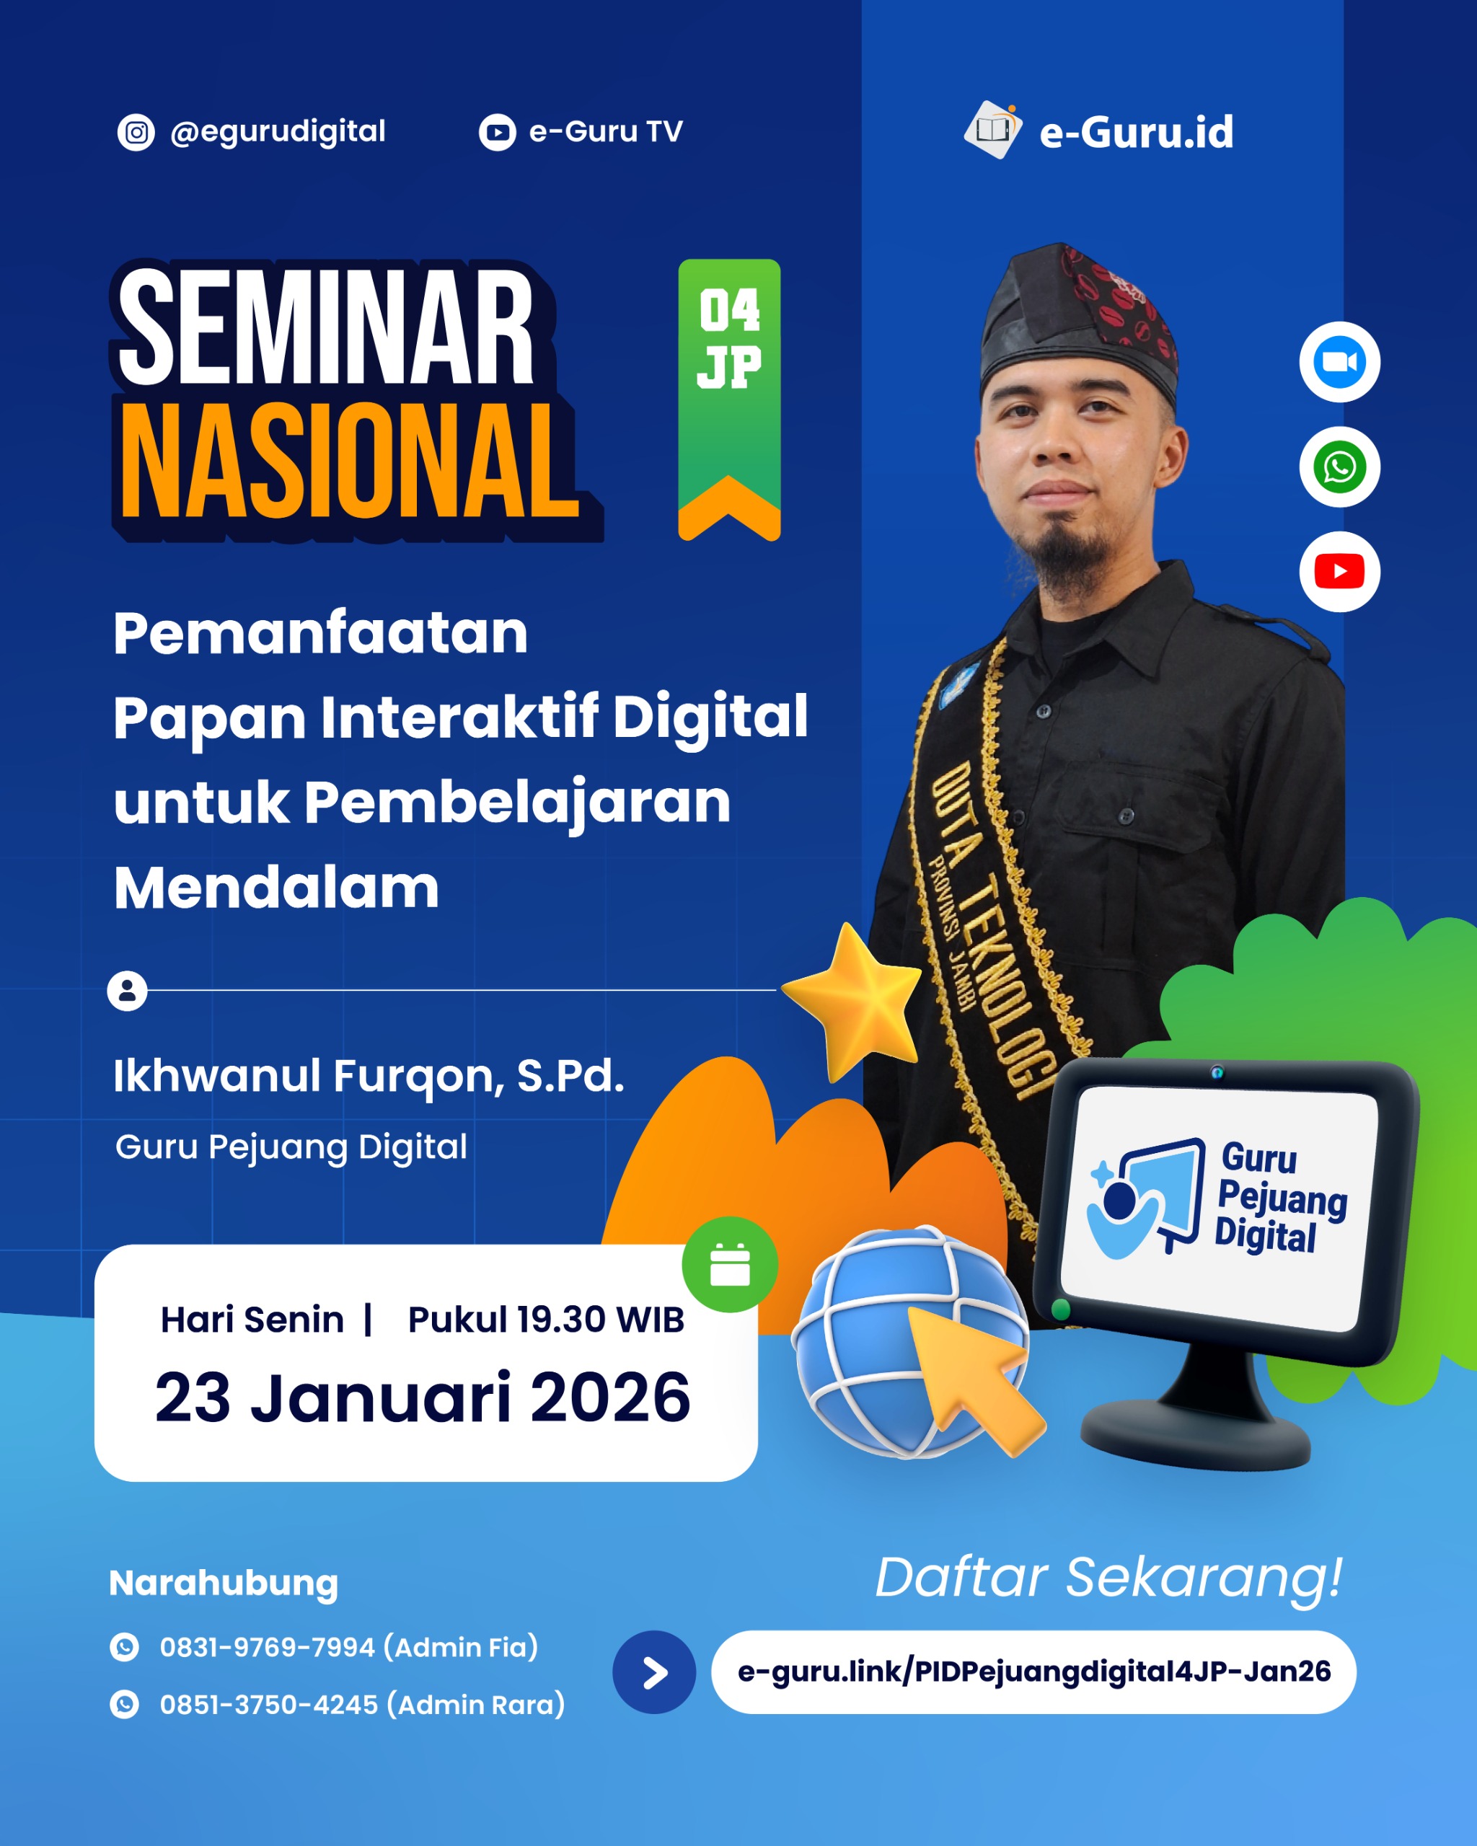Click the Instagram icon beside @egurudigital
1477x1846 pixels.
136,133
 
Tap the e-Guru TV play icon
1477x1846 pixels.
497,133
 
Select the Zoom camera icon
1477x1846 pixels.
1339,362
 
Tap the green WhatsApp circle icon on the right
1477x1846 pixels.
1339,467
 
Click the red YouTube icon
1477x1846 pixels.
1339,571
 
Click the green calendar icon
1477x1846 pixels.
730,1265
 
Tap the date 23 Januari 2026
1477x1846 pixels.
422,1397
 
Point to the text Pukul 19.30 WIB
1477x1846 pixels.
545,1320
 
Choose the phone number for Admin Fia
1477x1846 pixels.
348,1646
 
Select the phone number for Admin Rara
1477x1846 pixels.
361,1705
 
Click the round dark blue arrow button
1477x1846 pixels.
654,1672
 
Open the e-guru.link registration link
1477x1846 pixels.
1033,1671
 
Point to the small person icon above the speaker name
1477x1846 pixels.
127,991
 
